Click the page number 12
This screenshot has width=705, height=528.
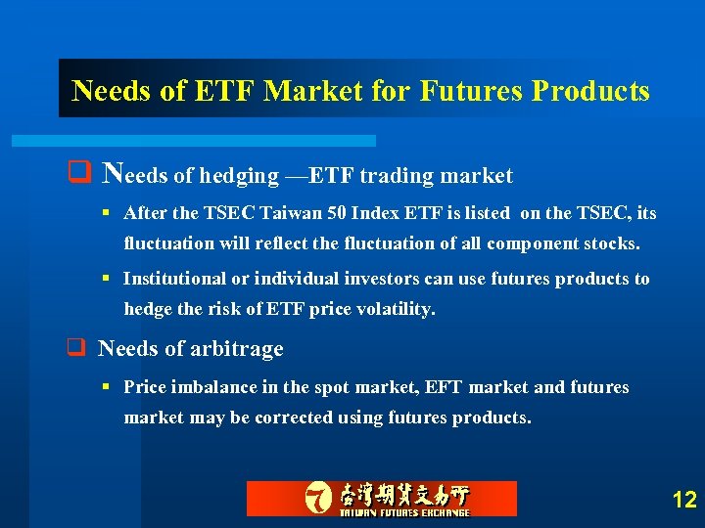pyautogui.click(x=684, y=501)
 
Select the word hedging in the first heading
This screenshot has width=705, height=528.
pyautogui.click(x=239, y=176)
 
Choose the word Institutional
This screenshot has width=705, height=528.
pyautogui.click(x=173, y=279)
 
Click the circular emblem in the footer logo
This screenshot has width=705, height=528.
pyautogui.click(x=319, y=498)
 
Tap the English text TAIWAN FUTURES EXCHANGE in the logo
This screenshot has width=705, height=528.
pyautogui.click(x=404, y=511)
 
